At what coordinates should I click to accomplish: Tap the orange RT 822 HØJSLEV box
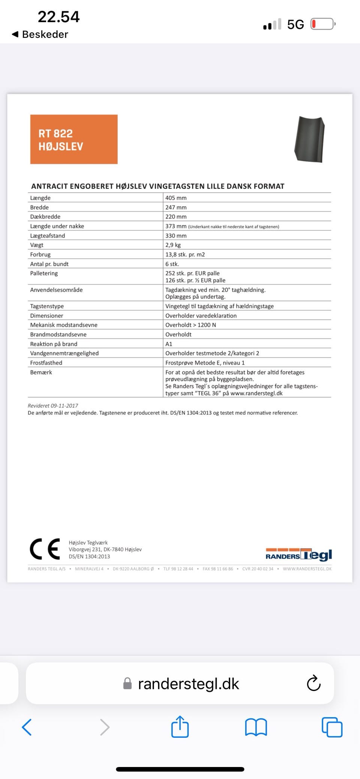74,139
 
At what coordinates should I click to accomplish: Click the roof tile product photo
309,139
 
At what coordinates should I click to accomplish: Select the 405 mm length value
176,198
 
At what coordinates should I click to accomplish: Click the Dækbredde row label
45,217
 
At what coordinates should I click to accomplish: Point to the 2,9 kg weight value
173,245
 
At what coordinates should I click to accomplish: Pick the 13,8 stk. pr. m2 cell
185,255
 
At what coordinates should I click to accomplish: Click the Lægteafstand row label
48,236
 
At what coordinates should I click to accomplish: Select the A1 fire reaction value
169,344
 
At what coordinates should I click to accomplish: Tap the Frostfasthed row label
46,363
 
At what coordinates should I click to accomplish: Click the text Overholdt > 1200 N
190,325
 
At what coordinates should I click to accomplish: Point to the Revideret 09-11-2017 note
53,406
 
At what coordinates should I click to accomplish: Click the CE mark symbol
45,549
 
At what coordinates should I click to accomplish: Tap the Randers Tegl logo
298,555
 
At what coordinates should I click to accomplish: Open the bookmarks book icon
256,727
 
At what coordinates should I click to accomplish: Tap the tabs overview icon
332,727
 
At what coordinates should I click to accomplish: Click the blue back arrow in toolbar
27,727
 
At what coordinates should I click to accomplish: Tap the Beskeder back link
40,34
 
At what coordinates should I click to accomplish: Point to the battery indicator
322,24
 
